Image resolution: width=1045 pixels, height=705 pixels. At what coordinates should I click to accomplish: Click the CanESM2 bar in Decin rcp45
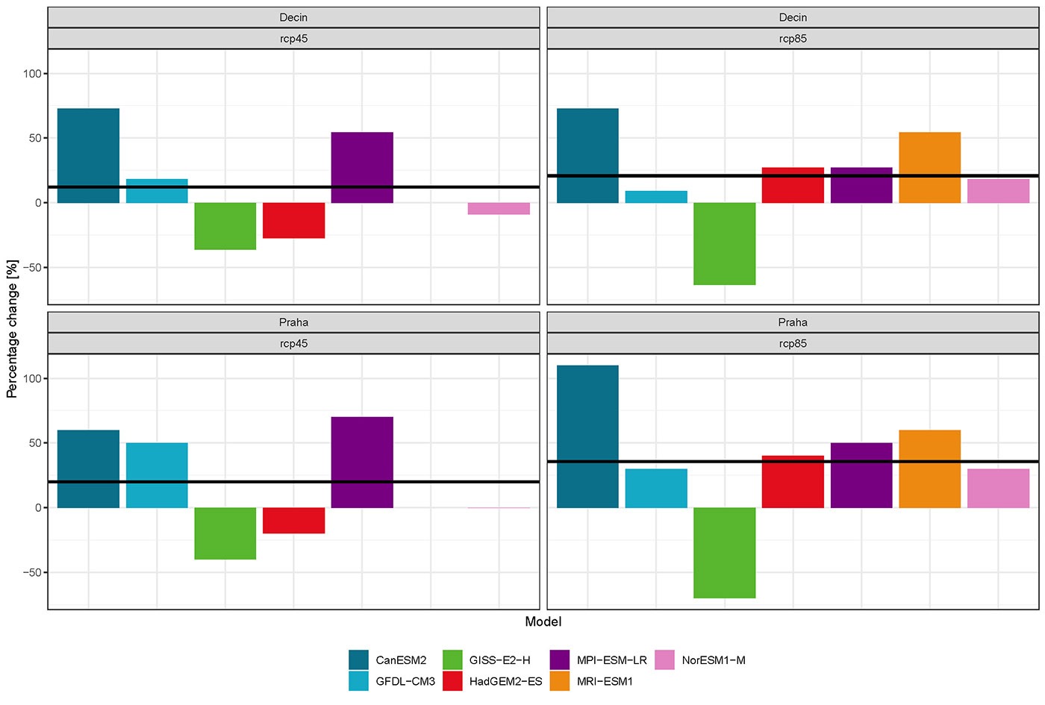[88, 155]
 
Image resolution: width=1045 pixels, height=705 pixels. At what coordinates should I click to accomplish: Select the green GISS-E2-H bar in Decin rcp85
[724, 243]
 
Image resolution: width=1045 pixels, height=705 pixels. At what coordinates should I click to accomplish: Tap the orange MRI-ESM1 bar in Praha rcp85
[929, 469]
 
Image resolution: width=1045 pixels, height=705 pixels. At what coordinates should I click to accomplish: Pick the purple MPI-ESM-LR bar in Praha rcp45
[362, 462]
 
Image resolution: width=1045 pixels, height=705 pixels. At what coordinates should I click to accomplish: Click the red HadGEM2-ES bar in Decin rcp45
[293, 220]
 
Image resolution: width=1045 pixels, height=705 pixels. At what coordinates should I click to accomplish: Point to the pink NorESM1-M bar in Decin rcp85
[998, 191]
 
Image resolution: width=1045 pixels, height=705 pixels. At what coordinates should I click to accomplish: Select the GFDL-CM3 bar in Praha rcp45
[157, 475]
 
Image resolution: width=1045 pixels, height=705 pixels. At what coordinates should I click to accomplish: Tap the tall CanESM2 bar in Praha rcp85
[587, 436]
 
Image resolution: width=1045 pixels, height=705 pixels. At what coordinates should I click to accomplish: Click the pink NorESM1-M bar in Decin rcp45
[499, 208]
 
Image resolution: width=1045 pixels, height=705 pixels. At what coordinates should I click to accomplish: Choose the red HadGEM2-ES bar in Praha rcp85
[793, 481]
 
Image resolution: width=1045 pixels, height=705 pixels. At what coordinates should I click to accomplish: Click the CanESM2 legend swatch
[358, 659]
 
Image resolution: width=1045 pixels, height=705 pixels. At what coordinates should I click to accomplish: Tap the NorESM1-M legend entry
[713, 660]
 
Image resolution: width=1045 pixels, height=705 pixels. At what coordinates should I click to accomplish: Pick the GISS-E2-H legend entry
[499, 660]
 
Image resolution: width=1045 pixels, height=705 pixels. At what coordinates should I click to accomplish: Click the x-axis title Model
[543, 621]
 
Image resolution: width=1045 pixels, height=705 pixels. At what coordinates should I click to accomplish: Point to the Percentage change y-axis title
[12, 328]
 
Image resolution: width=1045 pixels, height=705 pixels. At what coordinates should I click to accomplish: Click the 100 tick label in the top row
[31, 74]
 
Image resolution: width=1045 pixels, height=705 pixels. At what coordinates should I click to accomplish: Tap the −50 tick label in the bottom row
[30, 572]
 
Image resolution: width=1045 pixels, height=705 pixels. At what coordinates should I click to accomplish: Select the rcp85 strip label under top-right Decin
[793, 39]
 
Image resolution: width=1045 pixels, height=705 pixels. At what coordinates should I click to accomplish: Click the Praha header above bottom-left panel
[293, 322]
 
